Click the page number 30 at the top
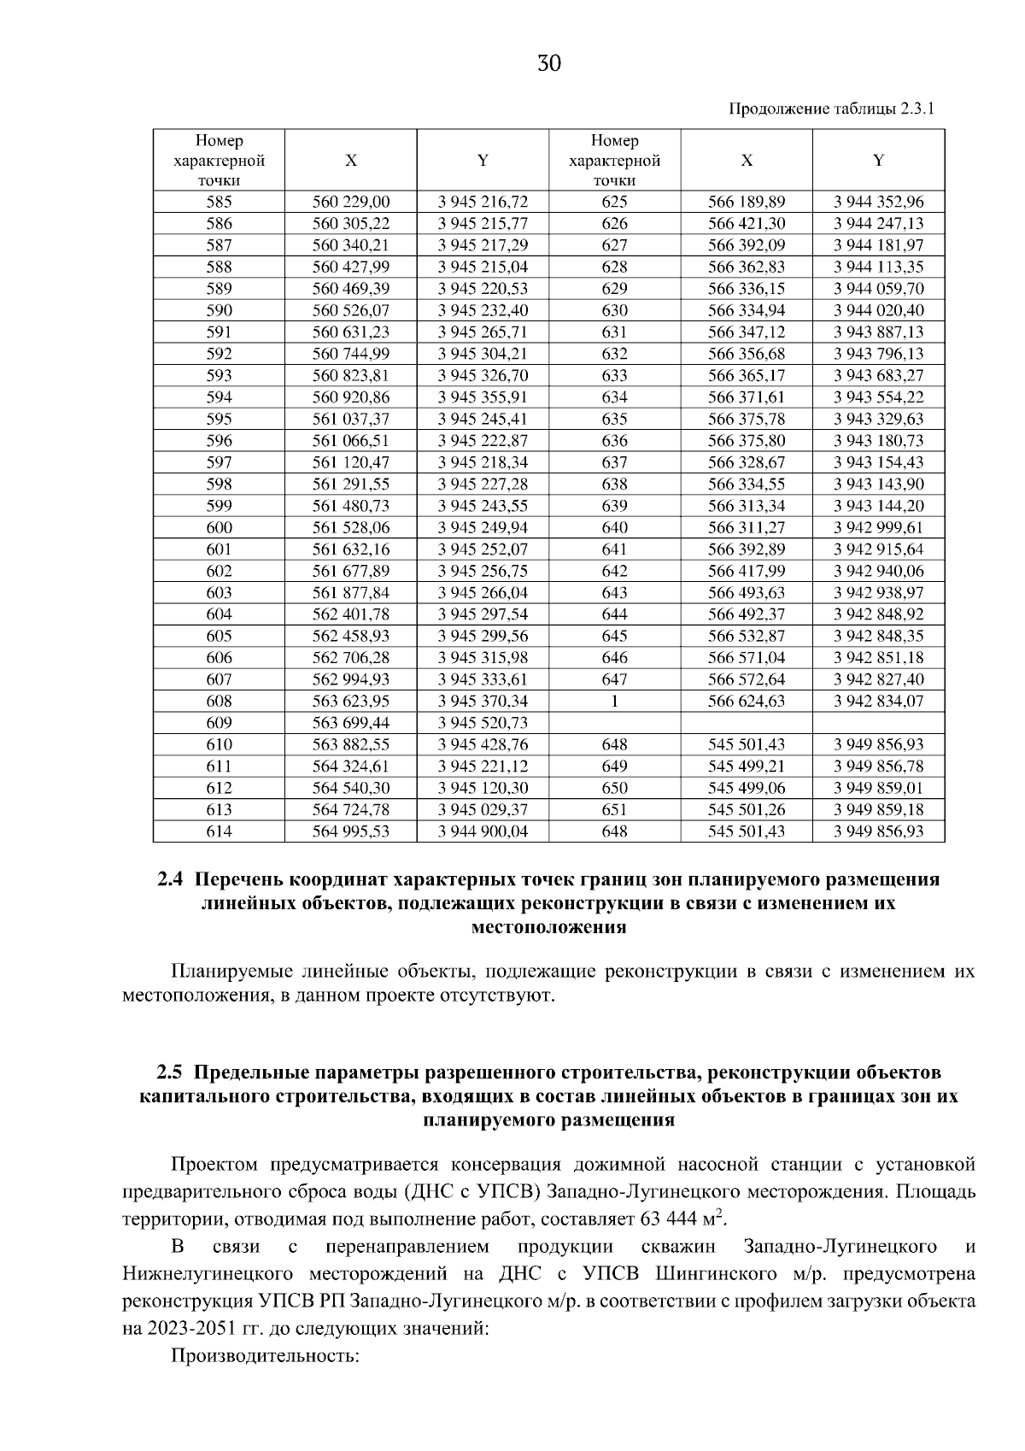tap(549, 63)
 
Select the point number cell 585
tap(220, 203)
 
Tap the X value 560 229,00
tap(351, 203)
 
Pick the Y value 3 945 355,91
tap(483, 397)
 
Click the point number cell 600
tap(220, 527)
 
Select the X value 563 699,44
tap(351, 723)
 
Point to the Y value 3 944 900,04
tap(483, 831)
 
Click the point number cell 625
tap(615, 203)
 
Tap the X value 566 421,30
tap(747, 224)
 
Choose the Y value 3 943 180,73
tap(879, 441)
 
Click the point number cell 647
tap(615, 679)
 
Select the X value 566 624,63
tap(747, 702)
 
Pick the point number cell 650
tap(615, 788)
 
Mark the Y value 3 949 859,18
tap(879, 809)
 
